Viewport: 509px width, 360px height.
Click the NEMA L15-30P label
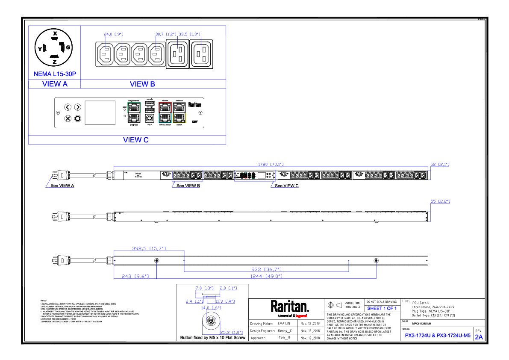coord(55,74)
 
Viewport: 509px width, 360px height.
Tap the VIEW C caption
coord(136,140)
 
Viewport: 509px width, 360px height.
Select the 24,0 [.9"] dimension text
coord(113,34)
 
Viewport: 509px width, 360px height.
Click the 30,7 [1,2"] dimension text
coord(166,34)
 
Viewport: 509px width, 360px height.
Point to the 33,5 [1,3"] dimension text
coord(189,34)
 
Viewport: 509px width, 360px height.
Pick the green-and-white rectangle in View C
coord(134,113)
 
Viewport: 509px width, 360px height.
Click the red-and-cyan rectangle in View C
coord(165,113)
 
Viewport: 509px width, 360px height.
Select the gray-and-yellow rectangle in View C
coord(179,113)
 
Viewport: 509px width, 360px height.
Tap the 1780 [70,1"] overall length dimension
coord(271,165)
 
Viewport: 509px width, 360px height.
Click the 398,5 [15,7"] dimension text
coord(149,248)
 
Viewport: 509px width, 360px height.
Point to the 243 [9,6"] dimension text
coord(135,276)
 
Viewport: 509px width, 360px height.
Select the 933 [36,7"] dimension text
coord(266,270)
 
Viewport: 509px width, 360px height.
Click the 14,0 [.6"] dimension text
coord(211,308)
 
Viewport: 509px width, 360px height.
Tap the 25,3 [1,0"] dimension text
coord(231,333)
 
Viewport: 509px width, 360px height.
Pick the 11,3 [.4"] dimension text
coord(225,301)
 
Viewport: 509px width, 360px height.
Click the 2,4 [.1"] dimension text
coord(194,301)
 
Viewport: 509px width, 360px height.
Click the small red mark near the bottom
coord(301,316)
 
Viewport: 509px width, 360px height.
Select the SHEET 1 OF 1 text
coord(382,309)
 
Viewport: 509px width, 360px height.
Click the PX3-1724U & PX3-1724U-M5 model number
coord(438,336)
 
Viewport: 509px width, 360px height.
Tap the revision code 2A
coord(479,337)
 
